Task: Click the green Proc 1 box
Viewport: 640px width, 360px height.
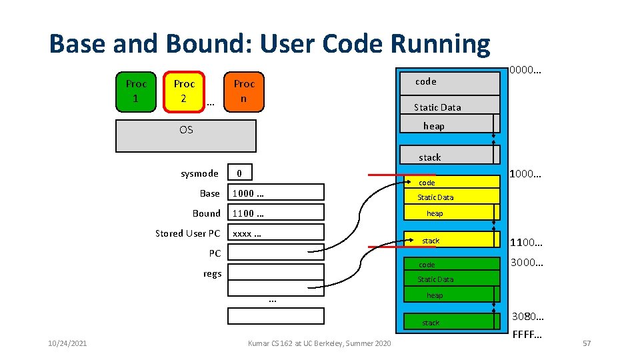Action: [136, 91]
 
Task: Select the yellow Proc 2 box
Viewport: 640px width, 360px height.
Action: [184, 91]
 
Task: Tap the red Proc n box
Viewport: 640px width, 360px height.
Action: [244, 91]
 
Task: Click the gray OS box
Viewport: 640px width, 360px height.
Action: [186, 136]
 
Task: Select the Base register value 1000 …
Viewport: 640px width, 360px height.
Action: [276, 193]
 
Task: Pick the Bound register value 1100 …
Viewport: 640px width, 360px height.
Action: [276, 213]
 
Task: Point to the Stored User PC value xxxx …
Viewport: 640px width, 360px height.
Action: [276, 233]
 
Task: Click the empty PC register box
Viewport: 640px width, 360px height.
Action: [276, 253]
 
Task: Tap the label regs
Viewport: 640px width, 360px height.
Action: [212, 273]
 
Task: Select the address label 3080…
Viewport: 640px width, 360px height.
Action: [527, 315]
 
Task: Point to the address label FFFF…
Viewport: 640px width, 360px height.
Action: [527, 333]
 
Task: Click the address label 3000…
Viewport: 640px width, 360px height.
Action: [527, 263]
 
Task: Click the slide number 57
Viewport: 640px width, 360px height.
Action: [587, 343]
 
